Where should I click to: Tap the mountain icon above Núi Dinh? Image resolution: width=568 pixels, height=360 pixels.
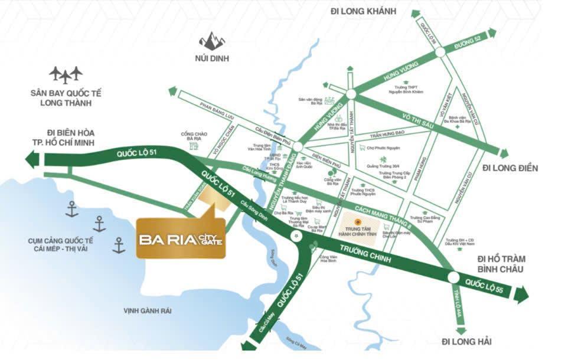(211, 41)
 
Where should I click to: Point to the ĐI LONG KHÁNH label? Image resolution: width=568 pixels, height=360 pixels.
(364, 12)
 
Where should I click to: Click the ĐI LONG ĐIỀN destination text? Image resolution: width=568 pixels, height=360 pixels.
(510, 168)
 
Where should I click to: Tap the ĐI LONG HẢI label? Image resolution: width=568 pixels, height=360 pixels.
(466, 341)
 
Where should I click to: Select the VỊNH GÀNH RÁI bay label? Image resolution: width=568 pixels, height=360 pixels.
(148, 311)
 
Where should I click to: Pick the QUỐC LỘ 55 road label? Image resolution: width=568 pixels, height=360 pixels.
(482, 287)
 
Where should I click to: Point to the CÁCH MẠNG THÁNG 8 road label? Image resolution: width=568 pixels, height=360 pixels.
(383, 217)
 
